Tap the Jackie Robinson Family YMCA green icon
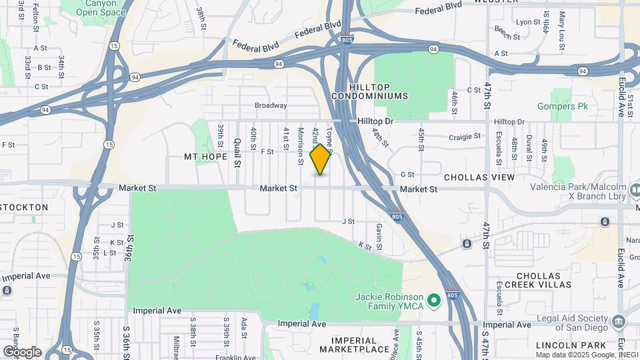[435, 301]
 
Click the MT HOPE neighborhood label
[206, 157]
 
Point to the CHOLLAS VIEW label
[479, 177]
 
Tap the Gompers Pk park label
[557, 106]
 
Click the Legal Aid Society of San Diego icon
[620, 323]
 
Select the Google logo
[21, 351]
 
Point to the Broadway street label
[271, 105]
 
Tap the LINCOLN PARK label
[571, 345]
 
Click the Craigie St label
[465, 136]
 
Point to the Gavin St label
[378, 233]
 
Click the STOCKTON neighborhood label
[24, 207]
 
